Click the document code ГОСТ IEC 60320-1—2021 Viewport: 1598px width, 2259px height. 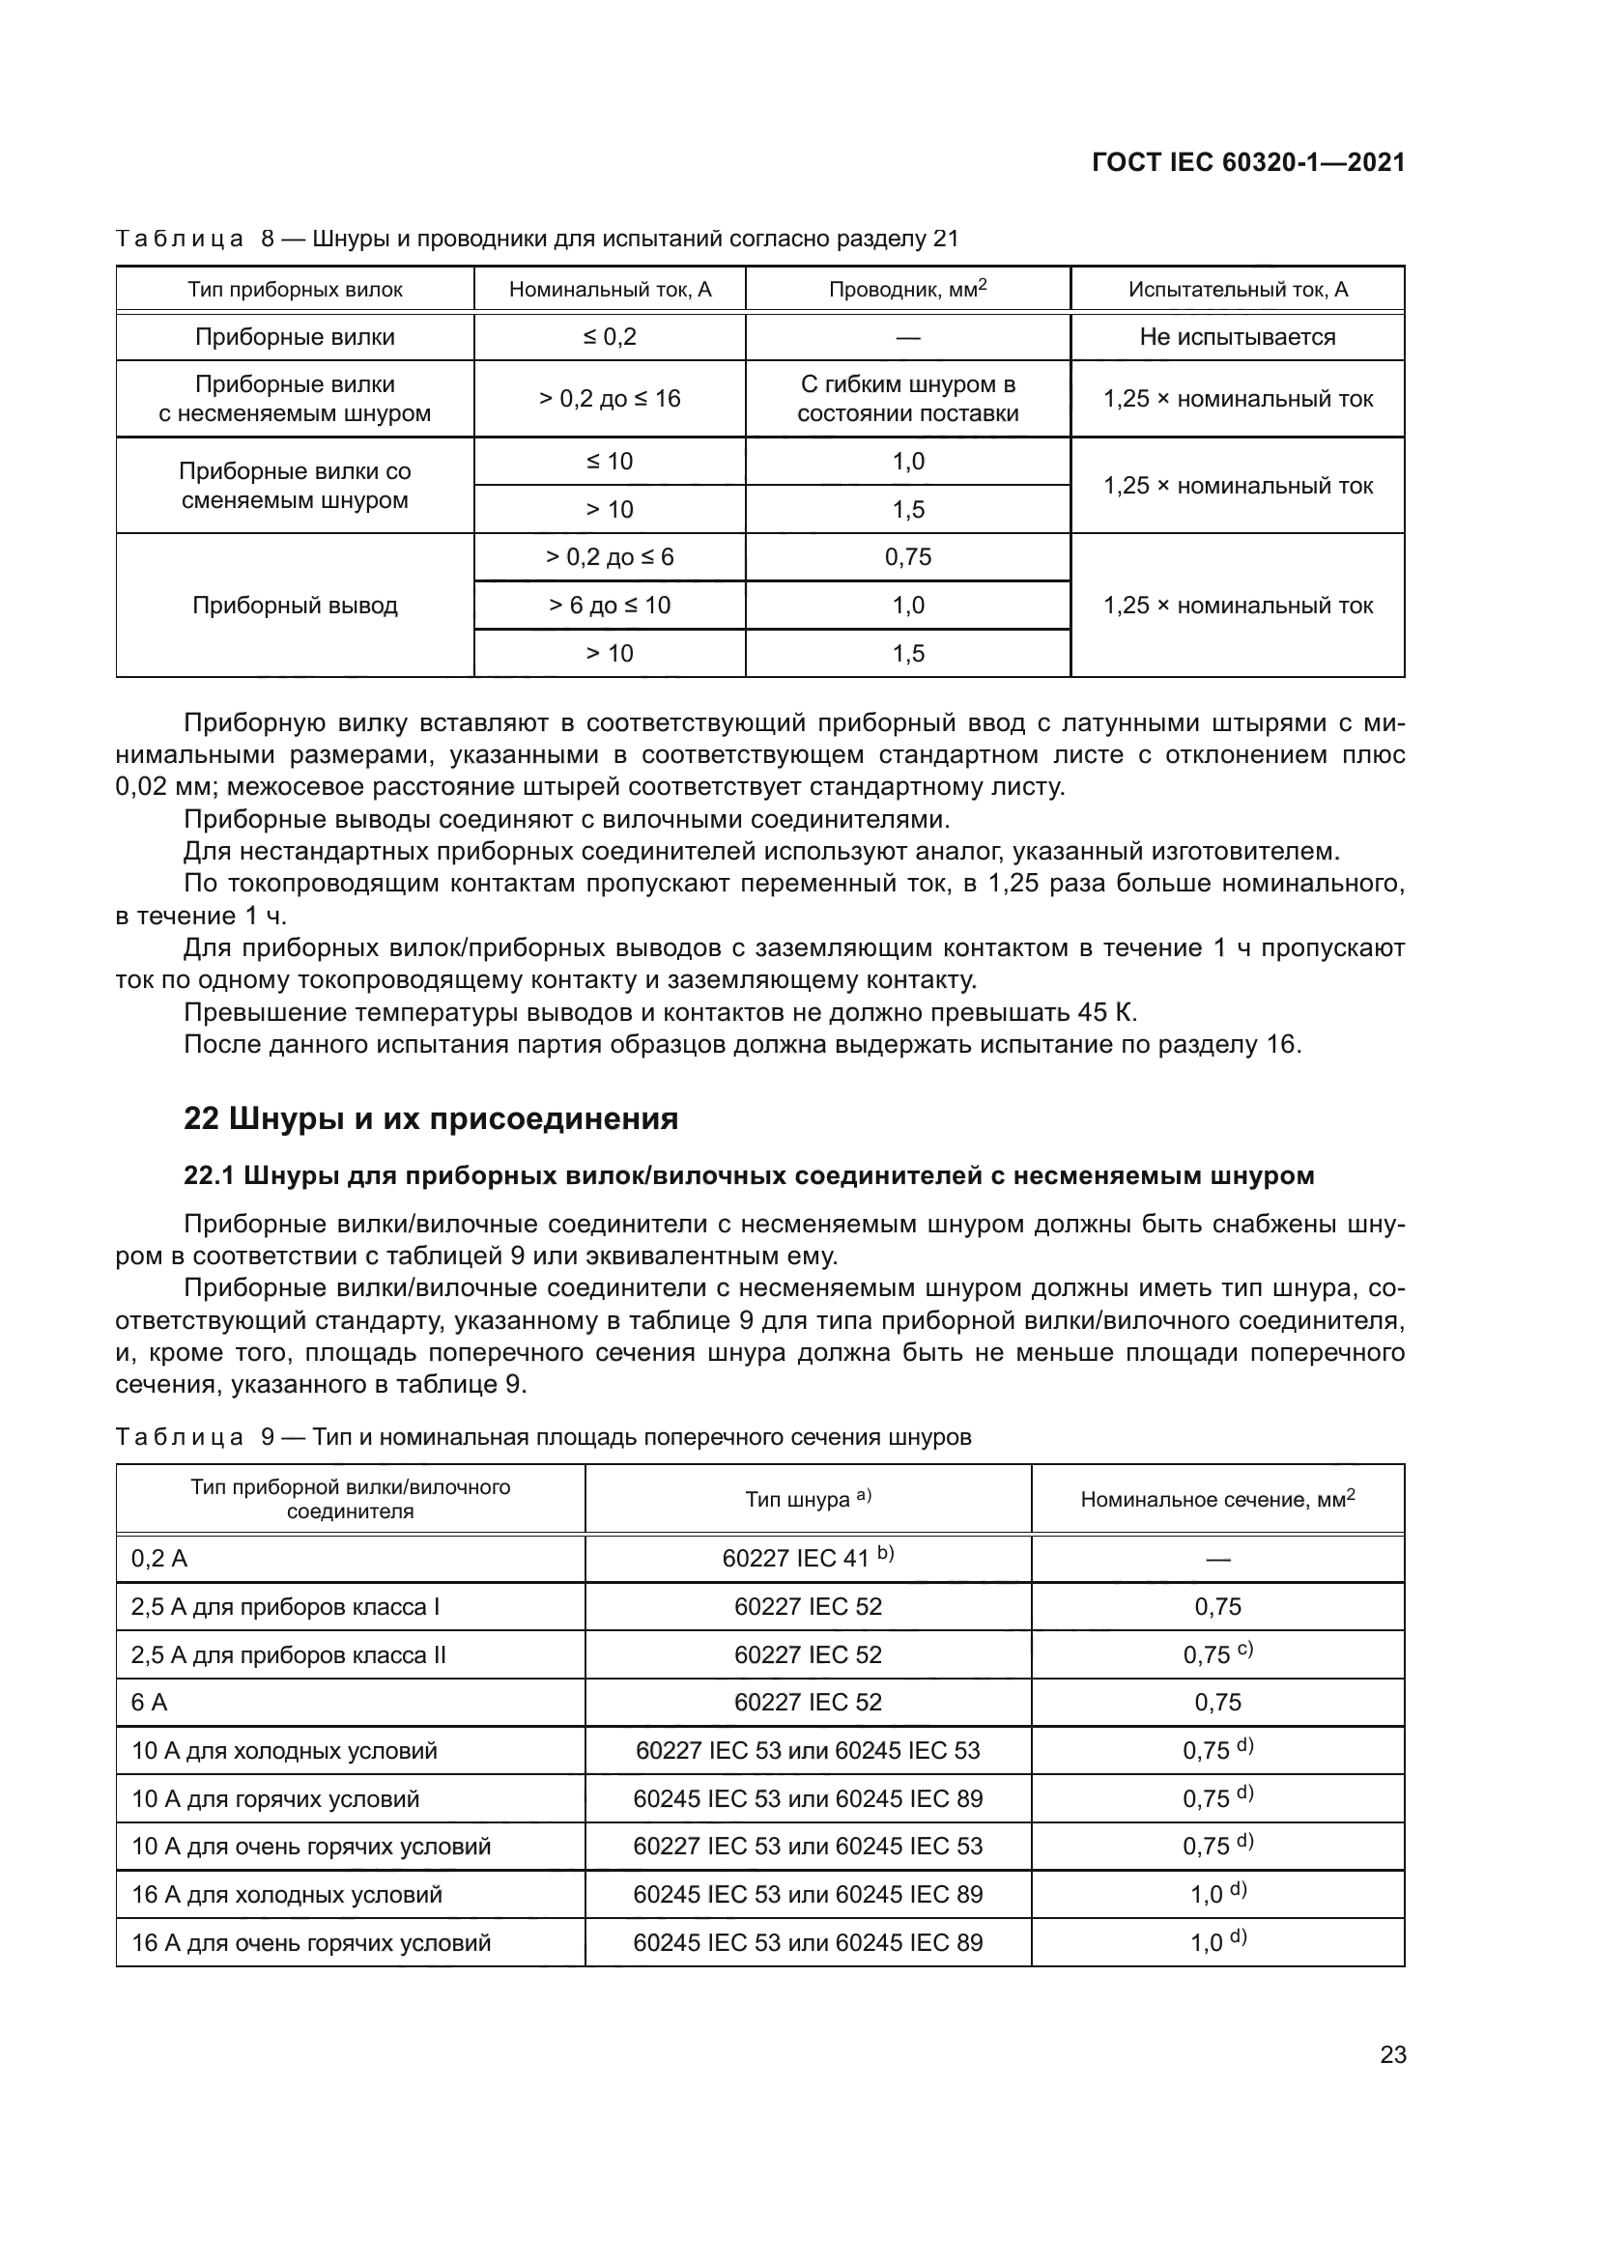point(1247,162)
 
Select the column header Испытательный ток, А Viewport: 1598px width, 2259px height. point(1237,290)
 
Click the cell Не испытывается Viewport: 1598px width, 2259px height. point(1237,337)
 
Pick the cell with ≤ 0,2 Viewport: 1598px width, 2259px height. point(609,337)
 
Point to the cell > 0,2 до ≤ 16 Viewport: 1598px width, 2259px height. point(609,399)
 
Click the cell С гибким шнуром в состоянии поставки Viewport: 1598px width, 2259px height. point(907,399)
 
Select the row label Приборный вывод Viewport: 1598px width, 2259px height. point(295,606)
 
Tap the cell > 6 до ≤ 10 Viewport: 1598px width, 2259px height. point(609,606)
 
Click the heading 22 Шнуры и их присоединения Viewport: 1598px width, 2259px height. point(431,1119)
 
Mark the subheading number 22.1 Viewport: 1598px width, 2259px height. point(209,1175)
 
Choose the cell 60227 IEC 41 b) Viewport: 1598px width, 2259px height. point(807,1559)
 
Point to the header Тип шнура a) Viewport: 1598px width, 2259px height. point(807,1499)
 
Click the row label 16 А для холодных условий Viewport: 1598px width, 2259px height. point(286,1895)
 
